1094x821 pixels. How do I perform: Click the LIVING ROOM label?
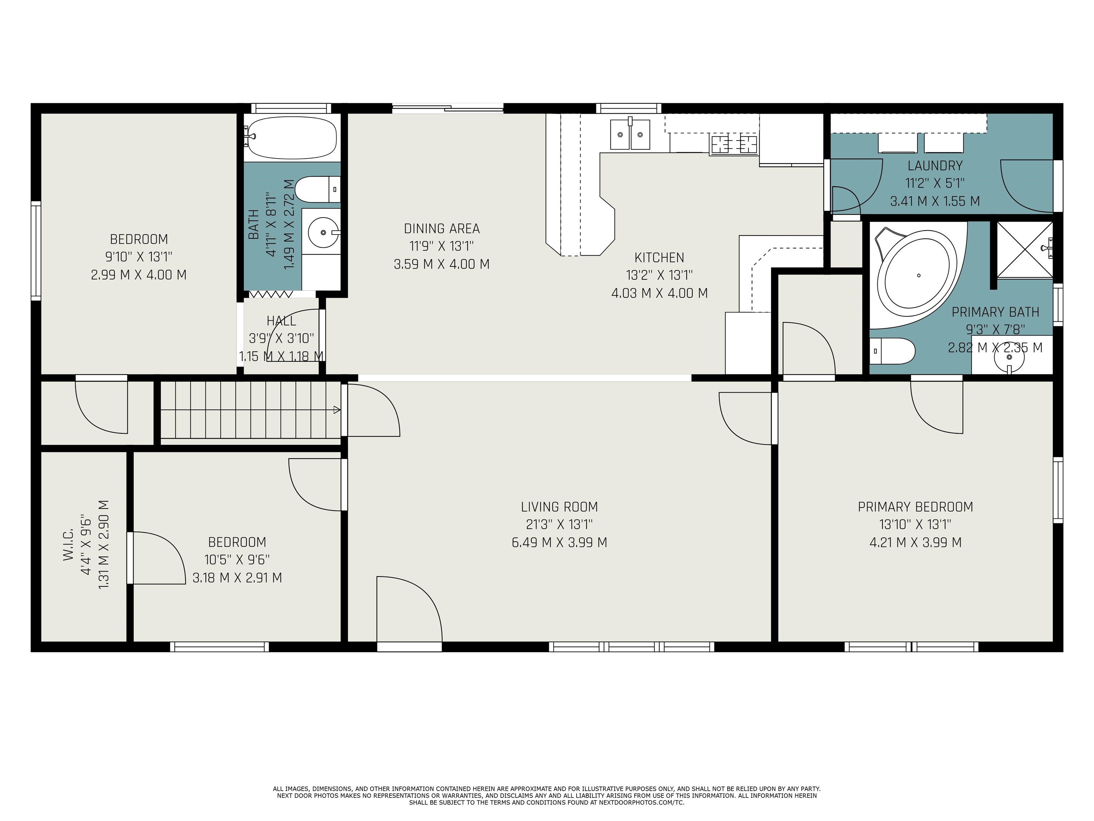[559, 507]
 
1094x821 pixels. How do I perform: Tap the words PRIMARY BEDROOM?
[916, 507]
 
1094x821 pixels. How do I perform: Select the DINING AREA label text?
[442, 229]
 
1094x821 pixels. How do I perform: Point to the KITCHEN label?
[659, 257]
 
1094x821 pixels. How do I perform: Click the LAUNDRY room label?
[935, 165]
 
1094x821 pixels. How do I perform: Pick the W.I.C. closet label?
[68, 544]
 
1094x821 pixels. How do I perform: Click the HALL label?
[281, 321]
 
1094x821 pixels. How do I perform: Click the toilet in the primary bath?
[892, 351]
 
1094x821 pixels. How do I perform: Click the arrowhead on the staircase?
[337, 410]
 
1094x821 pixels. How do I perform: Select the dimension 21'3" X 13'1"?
[559, 524]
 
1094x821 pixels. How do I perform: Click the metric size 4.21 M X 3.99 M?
[916, 542]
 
